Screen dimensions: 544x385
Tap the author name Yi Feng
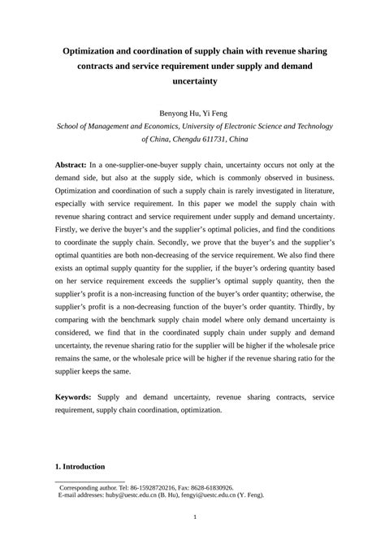[210, 110]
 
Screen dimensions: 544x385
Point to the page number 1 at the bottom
[192, 519]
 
